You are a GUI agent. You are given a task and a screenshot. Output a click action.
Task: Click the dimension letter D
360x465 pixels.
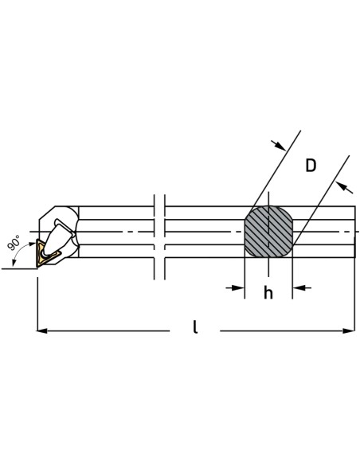[311, 166]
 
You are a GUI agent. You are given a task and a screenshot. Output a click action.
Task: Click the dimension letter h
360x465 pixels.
[268, 293]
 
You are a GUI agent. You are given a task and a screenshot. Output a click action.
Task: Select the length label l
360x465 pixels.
[195, 326]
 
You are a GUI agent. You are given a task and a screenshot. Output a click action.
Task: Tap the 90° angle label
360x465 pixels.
[14, 243]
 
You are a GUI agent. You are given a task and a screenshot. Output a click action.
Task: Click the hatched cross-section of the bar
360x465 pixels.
[268, 232]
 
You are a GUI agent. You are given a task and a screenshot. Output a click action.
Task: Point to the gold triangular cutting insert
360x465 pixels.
[45, 254]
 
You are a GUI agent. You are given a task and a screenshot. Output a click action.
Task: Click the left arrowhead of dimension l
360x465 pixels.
[41, 330]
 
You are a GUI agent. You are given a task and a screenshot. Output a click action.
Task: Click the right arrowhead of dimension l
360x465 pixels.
[349, 330]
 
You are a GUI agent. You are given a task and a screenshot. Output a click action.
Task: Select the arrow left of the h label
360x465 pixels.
[235, 287]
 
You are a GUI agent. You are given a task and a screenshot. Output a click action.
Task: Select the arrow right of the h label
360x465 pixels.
[302, 287]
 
